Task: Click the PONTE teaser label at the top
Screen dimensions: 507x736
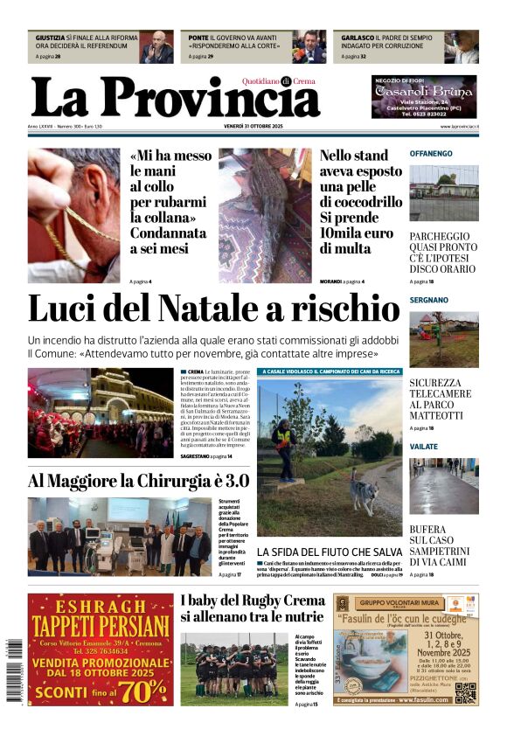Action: click(198, 38)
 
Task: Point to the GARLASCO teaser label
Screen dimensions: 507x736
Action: click(358, 38)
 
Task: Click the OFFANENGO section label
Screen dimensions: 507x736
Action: click(431, 154)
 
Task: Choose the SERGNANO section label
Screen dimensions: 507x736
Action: click(428, 300)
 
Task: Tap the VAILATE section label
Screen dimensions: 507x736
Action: click(424, 447)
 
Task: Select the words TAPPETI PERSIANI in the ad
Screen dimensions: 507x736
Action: click(101, 626)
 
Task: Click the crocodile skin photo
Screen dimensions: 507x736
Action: click(265, 214)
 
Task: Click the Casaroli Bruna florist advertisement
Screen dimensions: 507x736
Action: click(424, 97)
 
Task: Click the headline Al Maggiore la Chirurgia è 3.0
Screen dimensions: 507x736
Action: click(138, 481)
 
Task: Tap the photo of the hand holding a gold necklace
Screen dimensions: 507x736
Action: click(73, 214)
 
